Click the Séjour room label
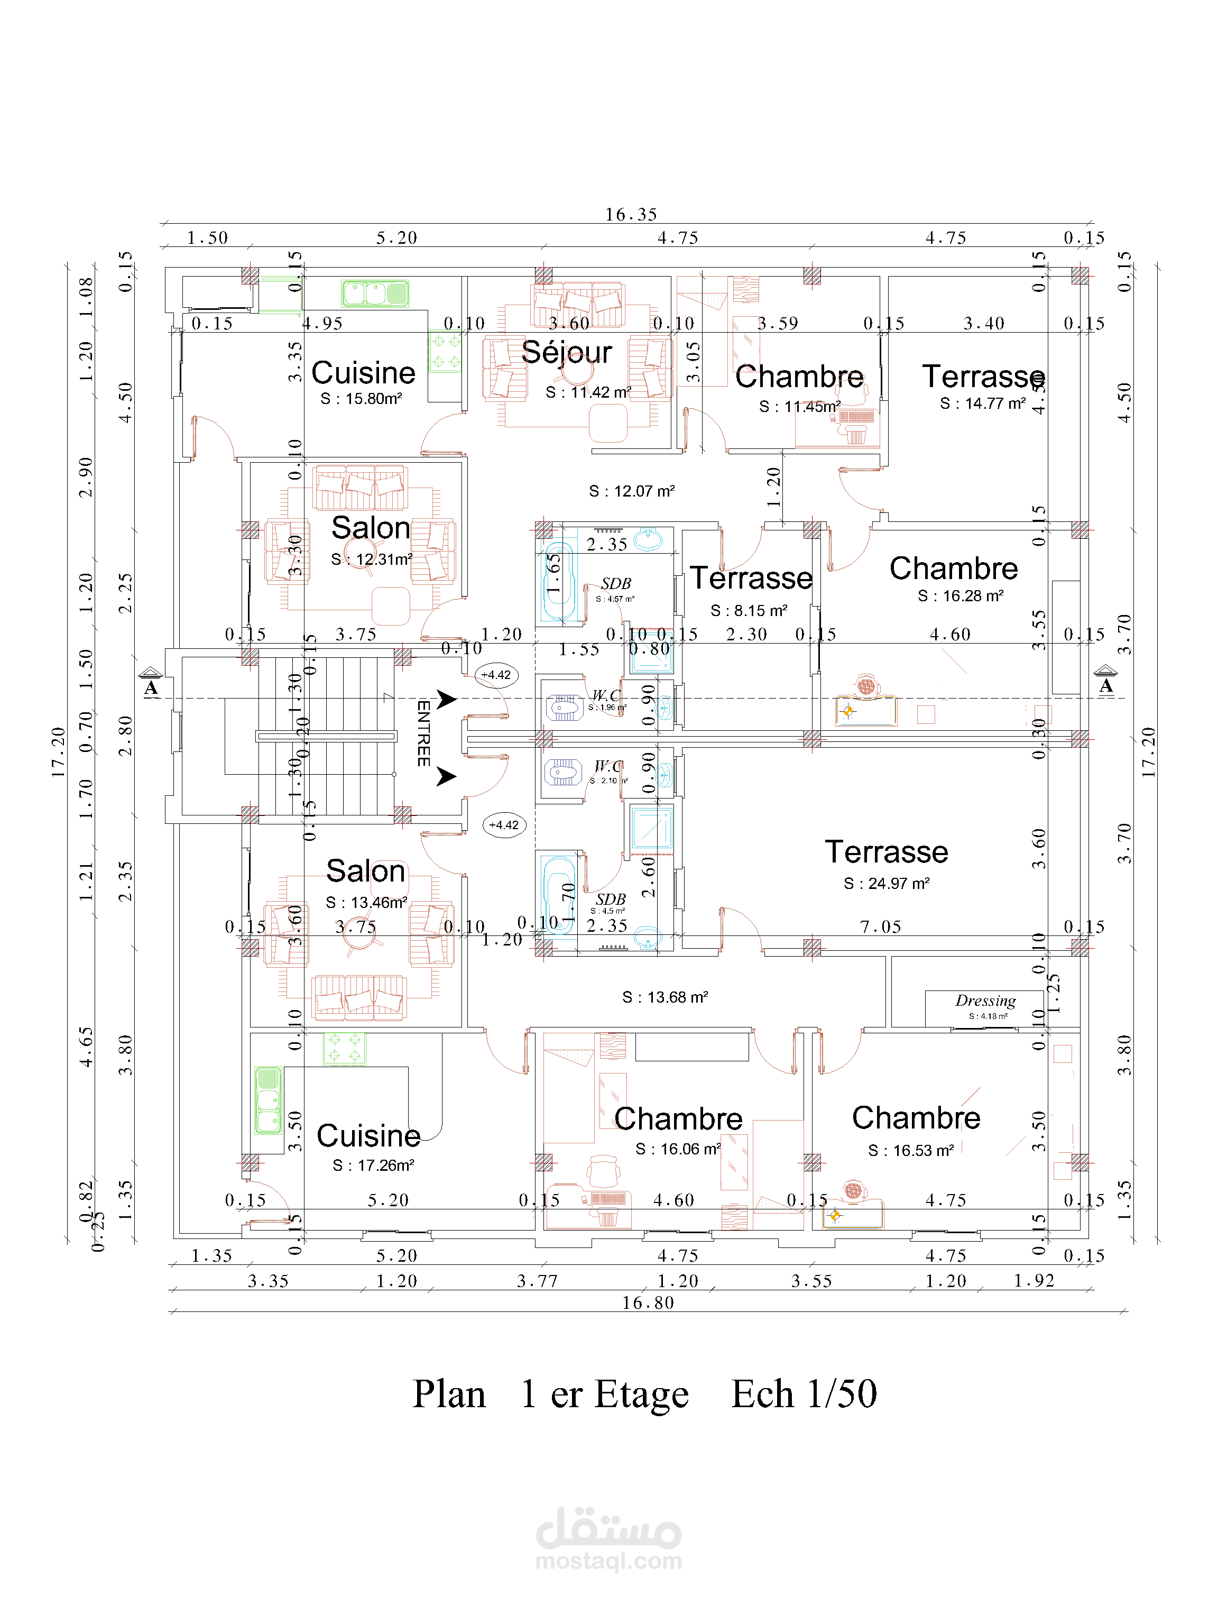(x=566, y=353)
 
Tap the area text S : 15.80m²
(x=362, y=399)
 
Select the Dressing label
(x=985, y=1001)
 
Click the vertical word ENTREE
(x=423, y=733)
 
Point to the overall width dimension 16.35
(x=631, y=215)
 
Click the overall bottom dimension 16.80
(x=648, y=1303)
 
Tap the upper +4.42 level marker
(x=496, y=675)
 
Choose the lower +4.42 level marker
(x=504, y=825)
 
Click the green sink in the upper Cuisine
(x=375, y=293)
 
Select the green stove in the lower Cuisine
(x=345, y=1049)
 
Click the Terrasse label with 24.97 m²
(x=887, y=852)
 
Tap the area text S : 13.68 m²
(x=665, y=997)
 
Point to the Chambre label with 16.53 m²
(x=916, y=1118)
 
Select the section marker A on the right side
(x=1105, y=685)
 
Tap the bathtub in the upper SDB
(x=558, y=581)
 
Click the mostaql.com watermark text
(x=608, y=1561)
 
